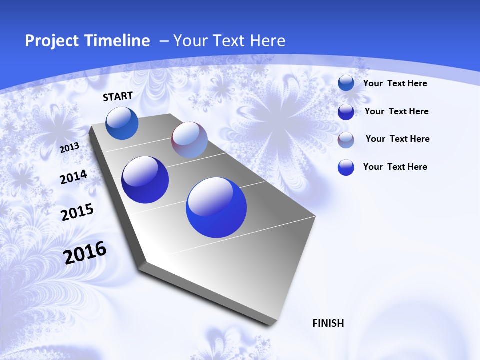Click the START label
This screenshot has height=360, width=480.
pos(118,96)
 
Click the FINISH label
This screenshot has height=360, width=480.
pos(328,323)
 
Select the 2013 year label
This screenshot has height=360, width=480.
pos(69,148)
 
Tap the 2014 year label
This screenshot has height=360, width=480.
pos(73,177)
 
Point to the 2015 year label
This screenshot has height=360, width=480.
pos(77,212)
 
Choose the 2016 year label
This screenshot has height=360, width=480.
pos(85,253)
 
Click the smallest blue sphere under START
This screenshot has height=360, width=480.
pos(122,123)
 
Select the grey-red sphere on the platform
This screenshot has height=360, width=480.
pos(189,140)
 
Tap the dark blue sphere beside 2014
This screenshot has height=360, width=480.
pos(145,180)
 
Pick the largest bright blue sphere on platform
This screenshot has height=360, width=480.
pos(216,207)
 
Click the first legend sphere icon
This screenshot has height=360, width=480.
pos(346,83)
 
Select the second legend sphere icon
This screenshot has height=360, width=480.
pos(346,112)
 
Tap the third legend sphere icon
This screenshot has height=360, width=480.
pos(346,140)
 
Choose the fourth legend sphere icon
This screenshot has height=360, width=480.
pos(346,167)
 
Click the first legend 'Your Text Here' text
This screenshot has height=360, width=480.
pos(395,83)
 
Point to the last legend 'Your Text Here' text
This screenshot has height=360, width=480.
pos(395,167)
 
